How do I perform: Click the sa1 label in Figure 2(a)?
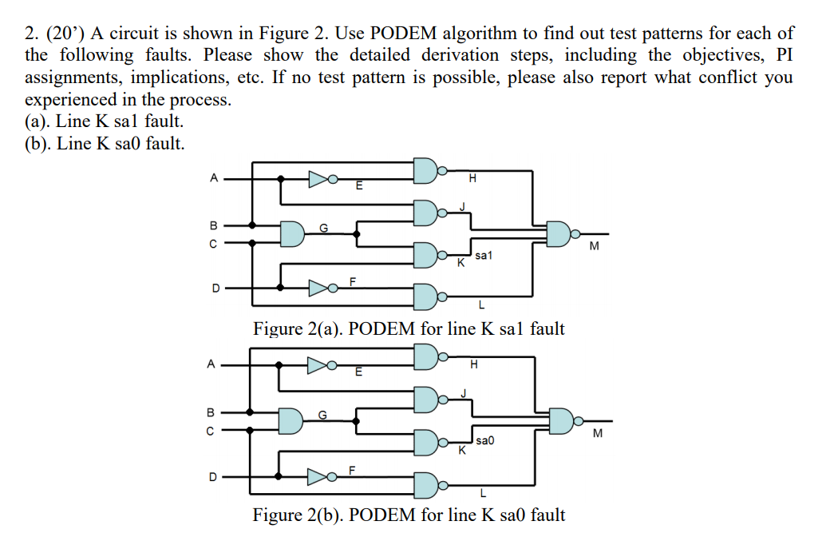[484, 256]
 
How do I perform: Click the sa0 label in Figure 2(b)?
[484, 440]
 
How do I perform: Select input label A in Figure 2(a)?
[213, 178]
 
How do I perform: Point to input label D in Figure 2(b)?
[213, 477]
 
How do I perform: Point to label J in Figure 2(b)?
[462, 392]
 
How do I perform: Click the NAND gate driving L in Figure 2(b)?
[426, 483]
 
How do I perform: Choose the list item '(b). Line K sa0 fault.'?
[105, 143]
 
